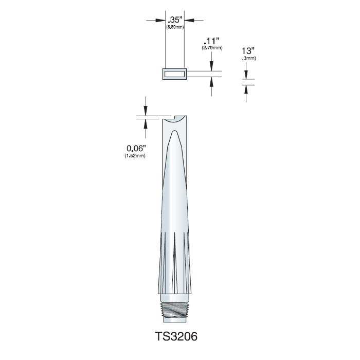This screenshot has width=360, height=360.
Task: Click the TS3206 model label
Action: (x=176, y=336)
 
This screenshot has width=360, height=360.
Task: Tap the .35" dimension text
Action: (x=175, y=20)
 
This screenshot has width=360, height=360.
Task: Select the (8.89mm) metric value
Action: (x=175, y=27)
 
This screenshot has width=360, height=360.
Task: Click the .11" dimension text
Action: (x=211, y=41)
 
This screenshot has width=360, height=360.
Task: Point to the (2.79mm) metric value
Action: (x=212, y=48)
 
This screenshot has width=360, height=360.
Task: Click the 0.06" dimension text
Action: (x=136, y=148)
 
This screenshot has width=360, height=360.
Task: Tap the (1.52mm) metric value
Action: (x=135, y=156)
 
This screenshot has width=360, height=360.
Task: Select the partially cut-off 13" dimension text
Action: (x=248, y=51)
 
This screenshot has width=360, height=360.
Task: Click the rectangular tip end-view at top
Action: (x=175, y=74)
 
